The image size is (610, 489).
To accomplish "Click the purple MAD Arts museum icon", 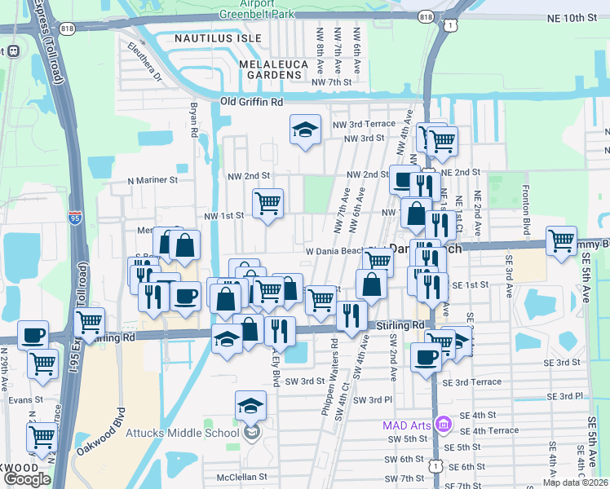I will (443, 425).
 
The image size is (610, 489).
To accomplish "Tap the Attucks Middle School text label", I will (183, 432).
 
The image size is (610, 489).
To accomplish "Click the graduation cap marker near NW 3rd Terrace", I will (305, 130).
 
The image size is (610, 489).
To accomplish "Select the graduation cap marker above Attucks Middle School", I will (250, 406).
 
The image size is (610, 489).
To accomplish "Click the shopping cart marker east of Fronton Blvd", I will (561, 240).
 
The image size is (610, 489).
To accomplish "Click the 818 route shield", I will (425, 16).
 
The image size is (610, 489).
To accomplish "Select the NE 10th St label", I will (577, 17).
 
